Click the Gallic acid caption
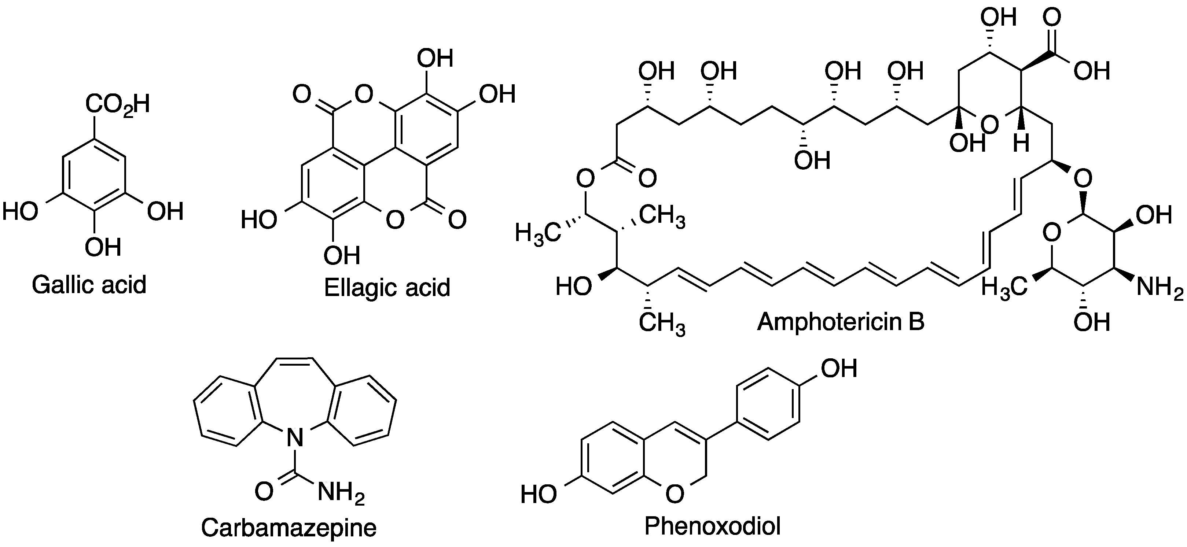[89, 285]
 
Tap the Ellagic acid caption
[387, 288]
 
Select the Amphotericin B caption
[841, 321]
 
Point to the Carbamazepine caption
[289, 528]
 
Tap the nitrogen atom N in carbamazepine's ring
[295, 438]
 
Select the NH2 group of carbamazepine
[341, 493]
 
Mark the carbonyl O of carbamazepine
[264, 492]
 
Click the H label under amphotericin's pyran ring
[1021, 144]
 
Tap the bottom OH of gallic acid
[103, 247]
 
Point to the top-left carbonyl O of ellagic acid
[302, 95]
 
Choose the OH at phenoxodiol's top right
[839, 368]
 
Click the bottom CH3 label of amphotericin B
[662, 324]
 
